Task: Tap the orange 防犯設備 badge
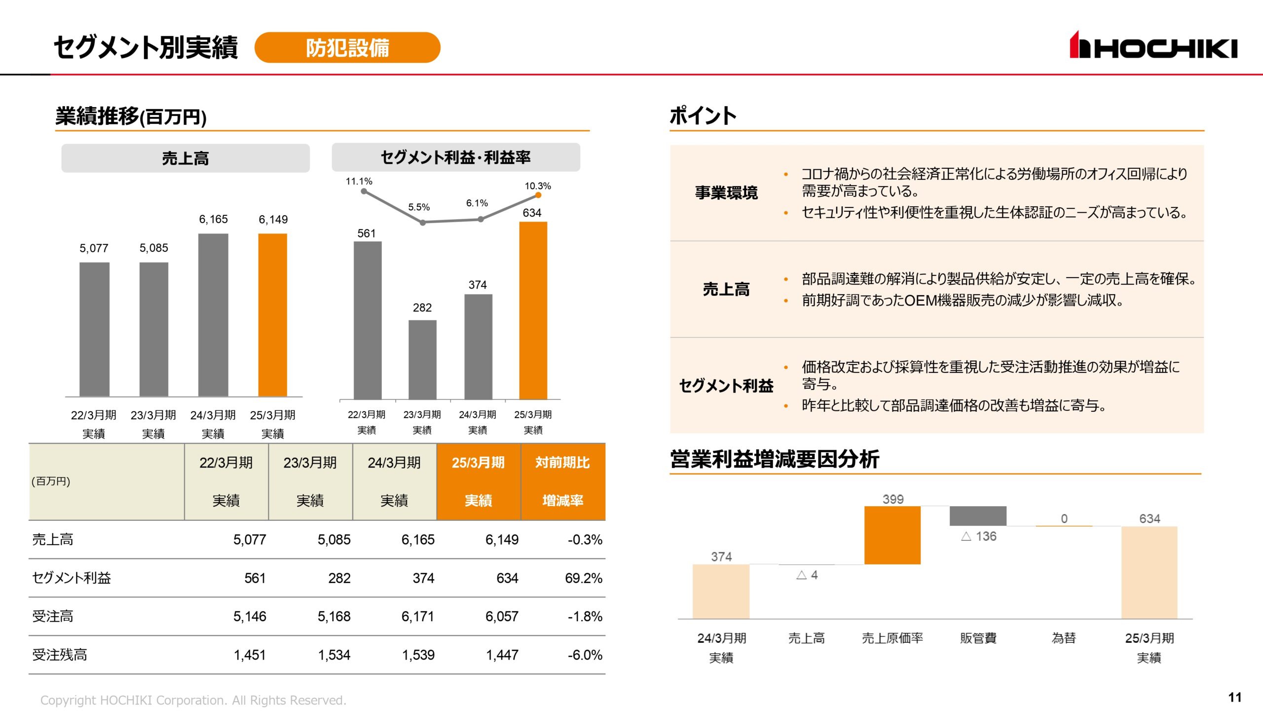pos(347,47)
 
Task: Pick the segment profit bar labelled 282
pos(422,359)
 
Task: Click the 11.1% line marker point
pos(364,192)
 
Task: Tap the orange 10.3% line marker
pos(538,196)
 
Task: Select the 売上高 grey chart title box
pos(186,158)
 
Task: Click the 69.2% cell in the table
pos(583,578)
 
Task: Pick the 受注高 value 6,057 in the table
pos(501,616)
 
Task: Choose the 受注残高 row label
pos(60,655)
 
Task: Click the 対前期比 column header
pos(562,463)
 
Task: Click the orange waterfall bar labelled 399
pos(892,535)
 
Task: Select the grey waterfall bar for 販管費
pos(977,516)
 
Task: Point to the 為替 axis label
pos(1063,638)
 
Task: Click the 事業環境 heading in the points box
pos(726,193)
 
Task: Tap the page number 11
pos(1234,697)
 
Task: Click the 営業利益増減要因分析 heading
pos(774,459)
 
